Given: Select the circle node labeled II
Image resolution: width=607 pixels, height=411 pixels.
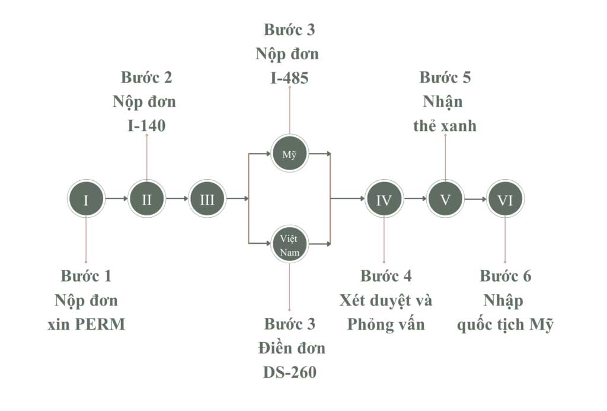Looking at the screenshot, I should pyautogui.click(x=147, y=199).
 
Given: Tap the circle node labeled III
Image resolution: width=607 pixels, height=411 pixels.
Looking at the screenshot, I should pyautogui.click(x=207, y=199).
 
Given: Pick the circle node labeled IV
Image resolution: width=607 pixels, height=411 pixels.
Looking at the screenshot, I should pyautogui.click(x=384, y=199).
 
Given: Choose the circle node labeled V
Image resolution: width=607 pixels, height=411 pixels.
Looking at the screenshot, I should pyautogui.click(x=445, y=199).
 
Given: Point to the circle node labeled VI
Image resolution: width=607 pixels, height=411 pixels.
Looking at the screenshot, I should pyautogui.click(x=506, y=199).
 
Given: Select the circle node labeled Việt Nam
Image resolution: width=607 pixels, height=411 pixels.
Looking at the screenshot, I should pyautogui.click(x=289, y=244).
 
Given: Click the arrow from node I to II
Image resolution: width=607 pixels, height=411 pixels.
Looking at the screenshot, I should pyautogui.click(x=116, y=199).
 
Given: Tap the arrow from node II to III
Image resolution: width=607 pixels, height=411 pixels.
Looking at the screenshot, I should pyautogui.click(x=177, y=199).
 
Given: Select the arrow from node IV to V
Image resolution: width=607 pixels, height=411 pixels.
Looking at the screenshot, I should pyautogui.click(x=415, y=199).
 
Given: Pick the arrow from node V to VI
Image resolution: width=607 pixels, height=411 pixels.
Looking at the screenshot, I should pyautogui.click(x=475, y=199).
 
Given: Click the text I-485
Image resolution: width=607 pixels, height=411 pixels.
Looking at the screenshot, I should pyautogui.click(x=289, y=78).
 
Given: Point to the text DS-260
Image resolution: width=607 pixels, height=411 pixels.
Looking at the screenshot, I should pyautogui.click(x=289, y=372).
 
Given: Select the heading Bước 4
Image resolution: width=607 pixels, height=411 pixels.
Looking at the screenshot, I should pyautogui.click(x=386, y=276).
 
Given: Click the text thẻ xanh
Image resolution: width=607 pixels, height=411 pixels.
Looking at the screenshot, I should pyautogui.click(x=445, y=126).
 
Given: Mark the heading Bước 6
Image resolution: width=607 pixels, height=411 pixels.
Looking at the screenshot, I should pyautogui.click(x=506, y=276).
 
